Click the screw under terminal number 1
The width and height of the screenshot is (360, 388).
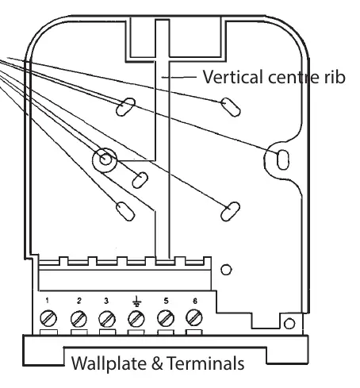click(x=48, y=318)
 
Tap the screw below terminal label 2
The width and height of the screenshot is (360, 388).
click(x=79, y=319)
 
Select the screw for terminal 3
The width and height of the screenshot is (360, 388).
click(x=107, y=319)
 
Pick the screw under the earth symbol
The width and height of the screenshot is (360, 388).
click(x=136, y=319)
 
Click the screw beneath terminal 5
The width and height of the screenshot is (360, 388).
click(x=166, y=318)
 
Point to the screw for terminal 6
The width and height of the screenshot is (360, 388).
click(x=194, y=317)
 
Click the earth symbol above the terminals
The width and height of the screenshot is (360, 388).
click(x=136, y=301)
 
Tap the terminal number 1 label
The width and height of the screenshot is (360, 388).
click(x=47, y=301)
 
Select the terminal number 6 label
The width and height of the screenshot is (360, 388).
click(x=195, y=301)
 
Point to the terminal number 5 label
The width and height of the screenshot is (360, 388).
click(x=166, y=301)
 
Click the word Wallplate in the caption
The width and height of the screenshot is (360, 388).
click(x=109, y=363)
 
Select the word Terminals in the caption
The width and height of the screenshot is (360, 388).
click(x=205, y=363)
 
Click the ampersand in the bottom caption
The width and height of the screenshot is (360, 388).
click(x=157, y=363)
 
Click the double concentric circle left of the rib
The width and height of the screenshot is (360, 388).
click(x=105, y=159)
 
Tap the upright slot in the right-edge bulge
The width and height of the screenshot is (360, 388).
click(x=282, y=159)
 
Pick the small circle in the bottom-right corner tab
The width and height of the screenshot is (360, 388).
click(x=289, y=324)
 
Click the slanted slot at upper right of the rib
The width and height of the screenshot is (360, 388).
click(x=231, y=107)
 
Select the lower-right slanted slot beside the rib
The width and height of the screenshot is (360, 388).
click(x=230, y=211)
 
